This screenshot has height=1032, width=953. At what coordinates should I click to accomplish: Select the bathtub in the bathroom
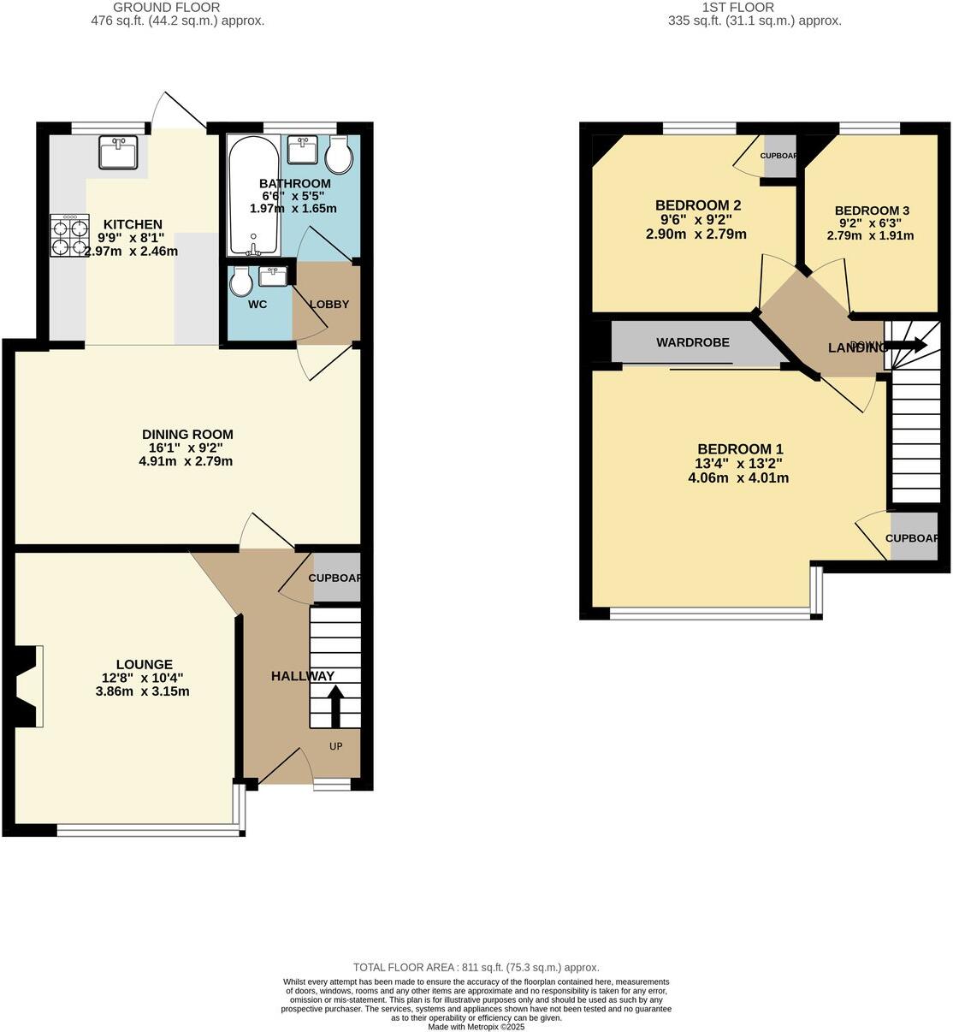252,196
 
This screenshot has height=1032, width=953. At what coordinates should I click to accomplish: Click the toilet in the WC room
240,282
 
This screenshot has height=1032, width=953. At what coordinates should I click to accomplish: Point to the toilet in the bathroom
339,153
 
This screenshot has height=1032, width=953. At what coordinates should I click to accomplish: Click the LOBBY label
329,305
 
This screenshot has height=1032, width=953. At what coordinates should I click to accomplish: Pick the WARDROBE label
693,342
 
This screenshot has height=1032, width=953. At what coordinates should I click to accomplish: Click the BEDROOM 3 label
871,211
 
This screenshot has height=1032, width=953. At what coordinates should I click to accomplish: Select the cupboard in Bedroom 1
912,538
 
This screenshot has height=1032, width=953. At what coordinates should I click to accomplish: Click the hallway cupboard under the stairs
334,578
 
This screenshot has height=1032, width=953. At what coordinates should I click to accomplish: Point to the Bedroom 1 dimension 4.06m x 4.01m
738,478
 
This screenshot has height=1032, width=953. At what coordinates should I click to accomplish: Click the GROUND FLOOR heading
178,8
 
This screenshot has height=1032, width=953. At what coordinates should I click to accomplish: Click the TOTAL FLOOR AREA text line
476,967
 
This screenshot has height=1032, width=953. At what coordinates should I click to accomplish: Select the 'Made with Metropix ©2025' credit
476,1027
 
